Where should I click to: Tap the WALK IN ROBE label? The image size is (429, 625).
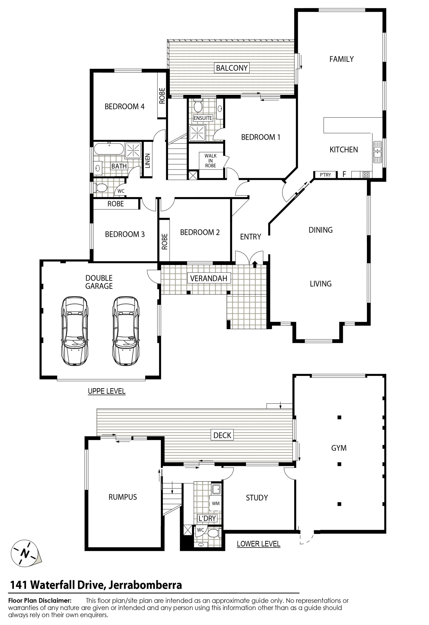210,161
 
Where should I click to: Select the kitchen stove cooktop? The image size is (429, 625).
366,175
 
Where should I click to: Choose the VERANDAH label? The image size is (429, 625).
209,278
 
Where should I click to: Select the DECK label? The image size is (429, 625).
222,435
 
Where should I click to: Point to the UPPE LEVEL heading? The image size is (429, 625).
107,391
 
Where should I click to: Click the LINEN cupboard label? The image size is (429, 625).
147,161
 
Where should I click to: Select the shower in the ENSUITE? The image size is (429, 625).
198,133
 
